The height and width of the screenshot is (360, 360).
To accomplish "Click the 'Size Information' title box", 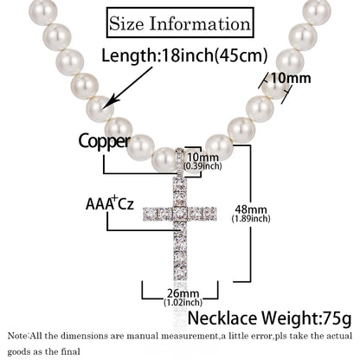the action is point(180,23).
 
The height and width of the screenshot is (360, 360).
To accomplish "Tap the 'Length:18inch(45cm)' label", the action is point(184,55).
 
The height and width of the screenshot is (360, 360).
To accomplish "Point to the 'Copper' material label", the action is point(105,142).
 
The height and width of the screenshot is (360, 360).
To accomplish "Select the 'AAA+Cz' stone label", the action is point(110,203).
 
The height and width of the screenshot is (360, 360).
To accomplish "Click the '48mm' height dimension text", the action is point(251,209).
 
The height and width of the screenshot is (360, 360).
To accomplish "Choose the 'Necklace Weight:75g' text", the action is point(270,318).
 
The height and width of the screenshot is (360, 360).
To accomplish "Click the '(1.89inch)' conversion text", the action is point(251,219).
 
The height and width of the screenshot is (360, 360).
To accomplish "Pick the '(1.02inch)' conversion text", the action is point(183,303).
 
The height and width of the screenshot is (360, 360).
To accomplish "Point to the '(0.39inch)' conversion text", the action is point(202,166).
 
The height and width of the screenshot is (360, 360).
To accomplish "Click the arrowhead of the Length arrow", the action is point(107,104).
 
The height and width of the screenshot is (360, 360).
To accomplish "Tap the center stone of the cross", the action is point(180,215).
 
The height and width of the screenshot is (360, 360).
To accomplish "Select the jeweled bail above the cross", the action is point(180,162).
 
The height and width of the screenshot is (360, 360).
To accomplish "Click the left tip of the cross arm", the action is point(144,215).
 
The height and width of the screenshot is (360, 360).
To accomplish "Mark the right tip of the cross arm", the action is point(216,214).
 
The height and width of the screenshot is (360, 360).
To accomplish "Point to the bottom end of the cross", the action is point(180,280).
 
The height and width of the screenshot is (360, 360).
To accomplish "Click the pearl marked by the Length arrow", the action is point(100,110).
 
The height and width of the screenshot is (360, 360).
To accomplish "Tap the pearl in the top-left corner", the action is point(42,11).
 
